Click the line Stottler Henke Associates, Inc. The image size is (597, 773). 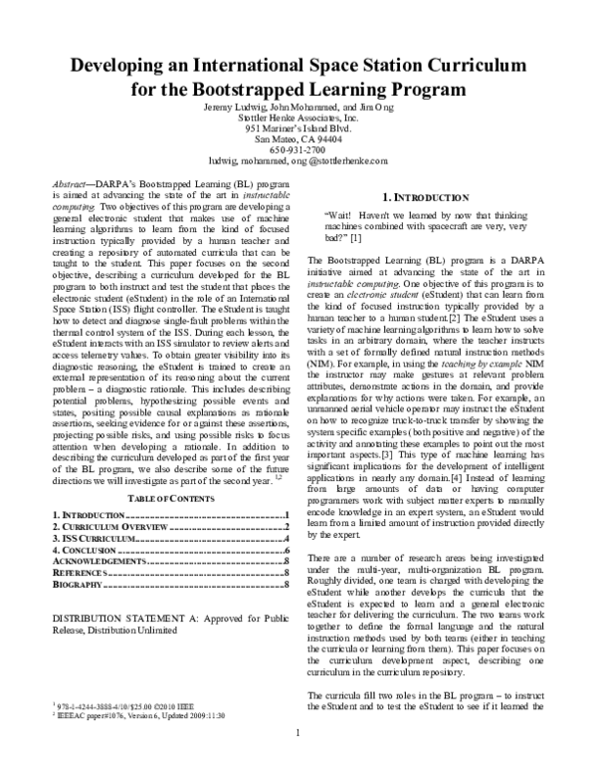click(x=298, y=118)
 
